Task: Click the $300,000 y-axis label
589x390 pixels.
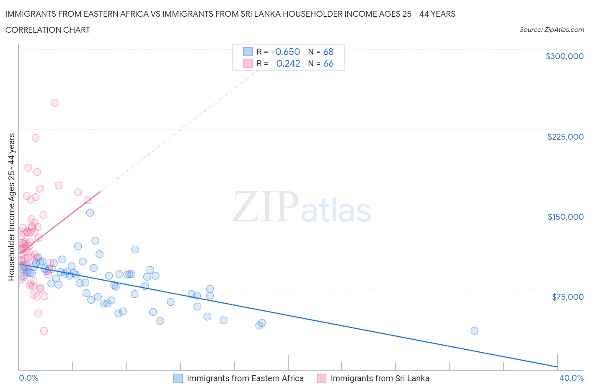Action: (x=564, y=56)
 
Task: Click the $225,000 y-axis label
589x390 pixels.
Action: (x=565, y=137)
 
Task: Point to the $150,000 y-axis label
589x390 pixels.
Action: (x=565, y=217)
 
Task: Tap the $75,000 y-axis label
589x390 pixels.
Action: (x=567, y=297)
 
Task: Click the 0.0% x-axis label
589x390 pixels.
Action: (x=28, y=378)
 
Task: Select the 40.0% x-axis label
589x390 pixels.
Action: (x=571, y=378)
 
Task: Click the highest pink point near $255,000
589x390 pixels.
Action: (x=54, y=103)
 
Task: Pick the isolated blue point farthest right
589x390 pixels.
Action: (x=474, y=331)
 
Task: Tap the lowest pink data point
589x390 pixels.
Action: (x=44, y=331)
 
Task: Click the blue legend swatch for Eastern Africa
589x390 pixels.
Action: (x=178, y=378)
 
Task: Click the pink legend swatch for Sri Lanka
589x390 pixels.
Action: (x=322, y=378)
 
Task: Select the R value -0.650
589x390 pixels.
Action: (x=286, y=52)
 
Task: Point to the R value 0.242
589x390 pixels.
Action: (x=288, y=63)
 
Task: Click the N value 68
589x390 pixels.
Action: (x=328, y=52)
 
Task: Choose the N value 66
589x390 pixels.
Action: (x=328, y=63)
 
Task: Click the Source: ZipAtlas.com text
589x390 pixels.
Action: (x=551, y=30)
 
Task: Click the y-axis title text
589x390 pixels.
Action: (x=11, y=207)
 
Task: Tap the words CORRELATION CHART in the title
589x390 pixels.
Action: (x=48, y=30)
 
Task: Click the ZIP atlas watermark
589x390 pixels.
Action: (x=302, y=207)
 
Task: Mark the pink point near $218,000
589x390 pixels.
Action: (x=36, y=138)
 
